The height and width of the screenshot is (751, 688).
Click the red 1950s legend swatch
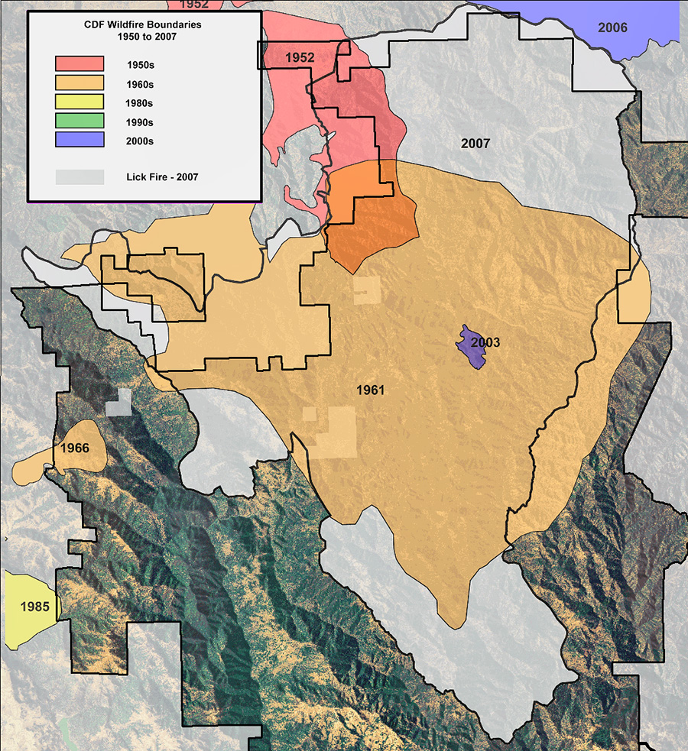pos(80,63)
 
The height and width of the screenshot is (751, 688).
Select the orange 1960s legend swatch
pos(80,83)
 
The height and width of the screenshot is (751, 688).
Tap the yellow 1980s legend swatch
pos(80,102)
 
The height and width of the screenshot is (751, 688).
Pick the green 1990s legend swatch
pos(80,121)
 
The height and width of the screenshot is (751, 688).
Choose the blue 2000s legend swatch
pos(80,140)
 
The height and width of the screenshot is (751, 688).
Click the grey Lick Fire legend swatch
pos(80,176)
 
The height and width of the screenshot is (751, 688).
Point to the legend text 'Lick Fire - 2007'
pos(162,177)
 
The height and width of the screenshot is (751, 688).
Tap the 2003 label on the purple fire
pos(485,342)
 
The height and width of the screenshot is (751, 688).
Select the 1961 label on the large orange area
pos(370,390)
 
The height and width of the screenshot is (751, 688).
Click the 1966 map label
pos(76,448)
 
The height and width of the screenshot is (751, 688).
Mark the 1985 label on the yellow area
pos(35,607)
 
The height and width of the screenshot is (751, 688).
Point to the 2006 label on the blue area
pos(612,28)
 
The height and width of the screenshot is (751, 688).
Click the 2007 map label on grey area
pos(475,143)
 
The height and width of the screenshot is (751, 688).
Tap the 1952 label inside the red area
pos(300,57)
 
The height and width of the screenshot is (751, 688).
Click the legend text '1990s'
pos(141,122)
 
